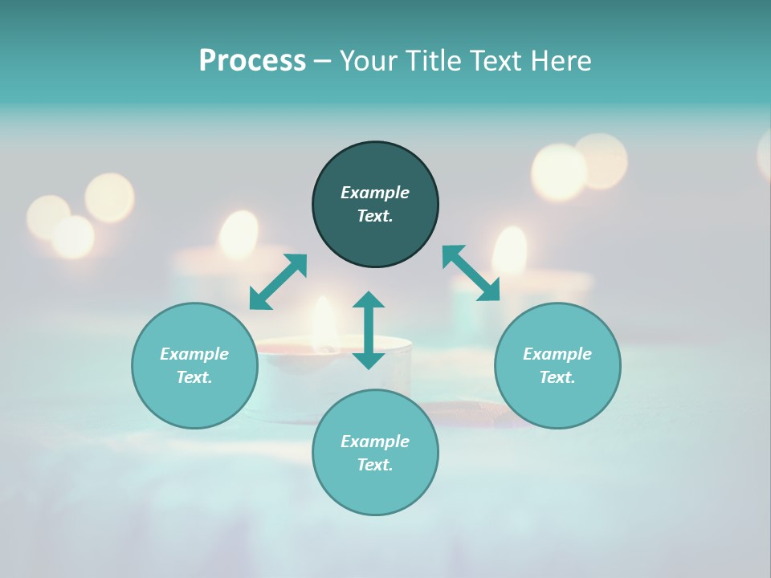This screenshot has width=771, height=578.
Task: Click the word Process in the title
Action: (252, 61)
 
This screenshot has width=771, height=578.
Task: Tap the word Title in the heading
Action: (430, 61)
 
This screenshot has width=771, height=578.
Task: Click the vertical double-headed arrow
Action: (369, 330)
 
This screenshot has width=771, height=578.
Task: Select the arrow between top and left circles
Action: (278, 282)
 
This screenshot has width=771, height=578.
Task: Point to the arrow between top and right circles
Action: (471, 273)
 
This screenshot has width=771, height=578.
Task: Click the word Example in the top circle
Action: (375, 193)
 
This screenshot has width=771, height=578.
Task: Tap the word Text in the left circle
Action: (194, 377)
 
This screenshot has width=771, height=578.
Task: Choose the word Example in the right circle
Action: (557, 354)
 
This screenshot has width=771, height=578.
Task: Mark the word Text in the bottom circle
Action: (375, 465)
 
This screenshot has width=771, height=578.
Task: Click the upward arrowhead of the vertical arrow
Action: (369, 300)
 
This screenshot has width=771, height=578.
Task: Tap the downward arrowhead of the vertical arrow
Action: (369, 360)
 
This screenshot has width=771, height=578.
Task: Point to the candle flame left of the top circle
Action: (239, 233)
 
